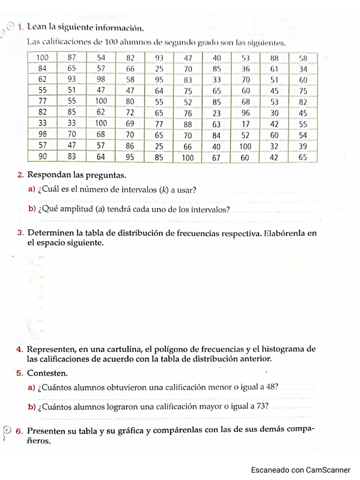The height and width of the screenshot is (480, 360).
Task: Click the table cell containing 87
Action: [x=72, y=58]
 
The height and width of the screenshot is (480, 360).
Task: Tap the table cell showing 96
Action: [x=245, y=113]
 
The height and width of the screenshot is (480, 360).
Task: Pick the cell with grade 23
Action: [x=216, y=113]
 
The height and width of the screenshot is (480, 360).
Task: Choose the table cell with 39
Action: [x=303, y=146]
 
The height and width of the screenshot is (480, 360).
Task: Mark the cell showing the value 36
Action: [x=245, y=68]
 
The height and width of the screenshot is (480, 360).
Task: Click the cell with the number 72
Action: [x=130, y=113]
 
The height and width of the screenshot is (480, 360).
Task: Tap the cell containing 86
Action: [x=130, y=146]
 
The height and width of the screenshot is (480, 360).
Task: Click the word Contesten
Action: [x=47, y=374]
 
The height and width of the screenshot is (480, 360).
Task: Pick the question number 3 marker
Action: [x=21, y=233]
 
